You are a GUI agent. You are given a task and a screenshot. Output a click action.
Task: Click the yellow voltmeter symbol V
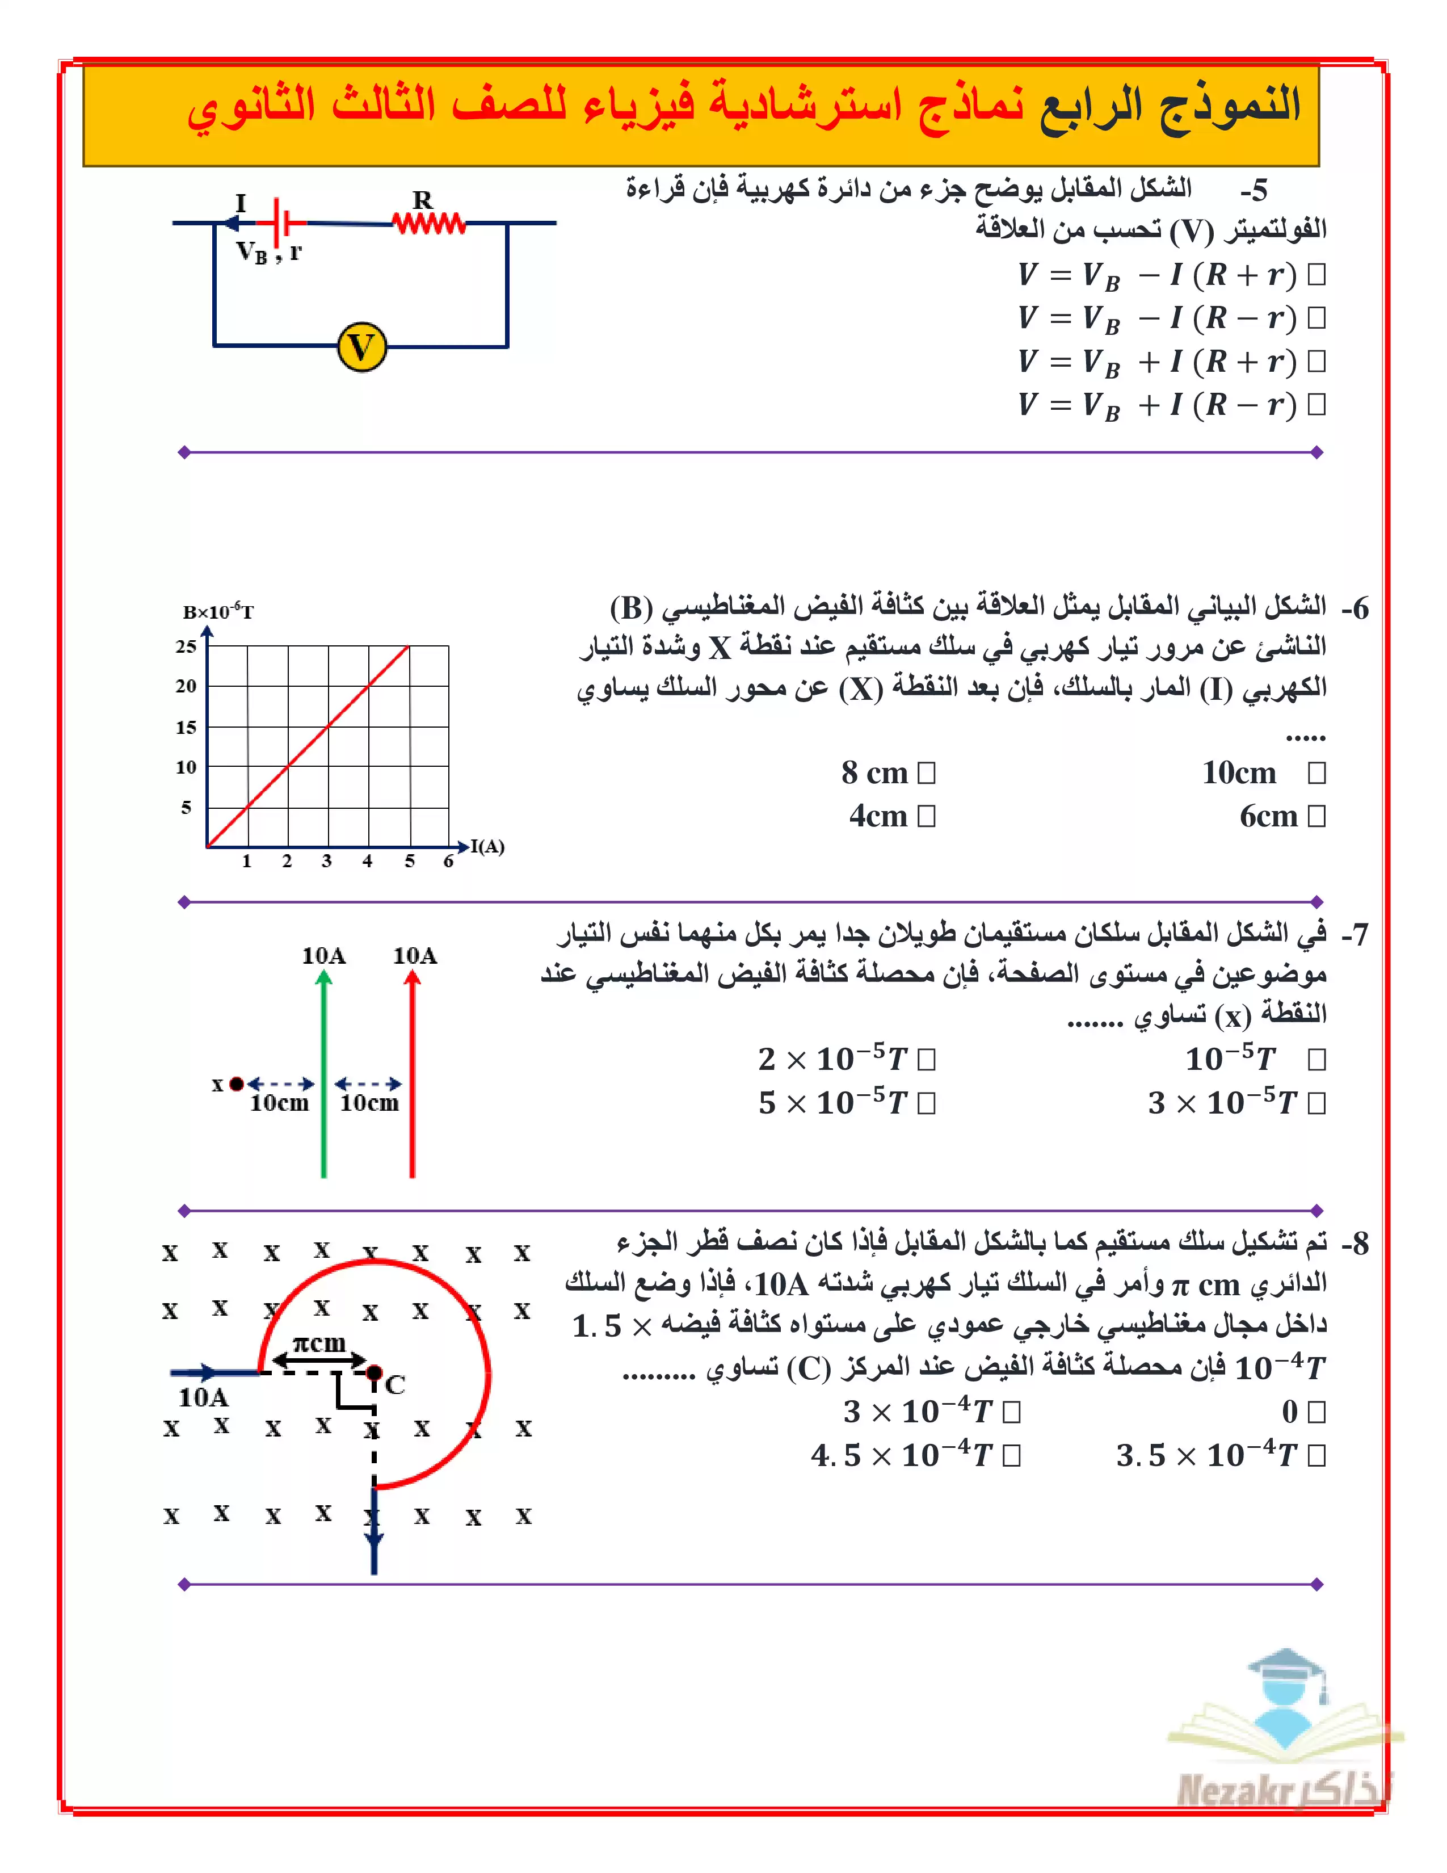point(362,347)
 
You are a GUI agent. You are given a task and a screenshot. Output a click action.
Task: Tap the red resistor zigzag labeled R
point(428,223)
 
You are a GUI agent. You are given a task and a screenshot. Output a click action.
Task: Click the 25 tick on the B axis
point(186,646)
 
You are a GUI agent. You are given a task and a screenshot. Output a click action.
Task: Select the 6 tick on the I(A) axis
point(448,861)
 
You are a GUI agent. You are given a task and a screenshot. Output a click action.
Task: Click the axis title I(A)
point(488,846)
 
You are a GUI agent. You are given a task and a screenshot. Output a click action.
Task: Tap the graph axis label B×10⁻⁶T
point(218,611)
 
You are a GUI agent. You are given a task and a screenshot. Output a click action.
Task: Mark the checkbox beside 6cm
point(1316,816)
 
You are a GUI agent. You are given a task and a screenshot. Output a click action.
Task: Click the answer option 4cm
point(878,816)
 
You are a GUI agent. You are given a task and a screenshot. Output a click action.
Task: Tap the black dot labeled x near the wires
point(237,1084)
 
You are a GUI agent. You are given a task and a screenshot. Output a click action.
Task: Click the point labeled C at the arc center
point(375,1372)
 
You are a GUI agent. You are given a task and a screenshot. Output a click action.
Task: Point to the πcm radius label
point(319,1343)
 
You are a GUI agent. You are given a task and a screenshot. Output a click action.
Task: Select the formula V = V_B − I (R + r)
point(1157,275)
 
